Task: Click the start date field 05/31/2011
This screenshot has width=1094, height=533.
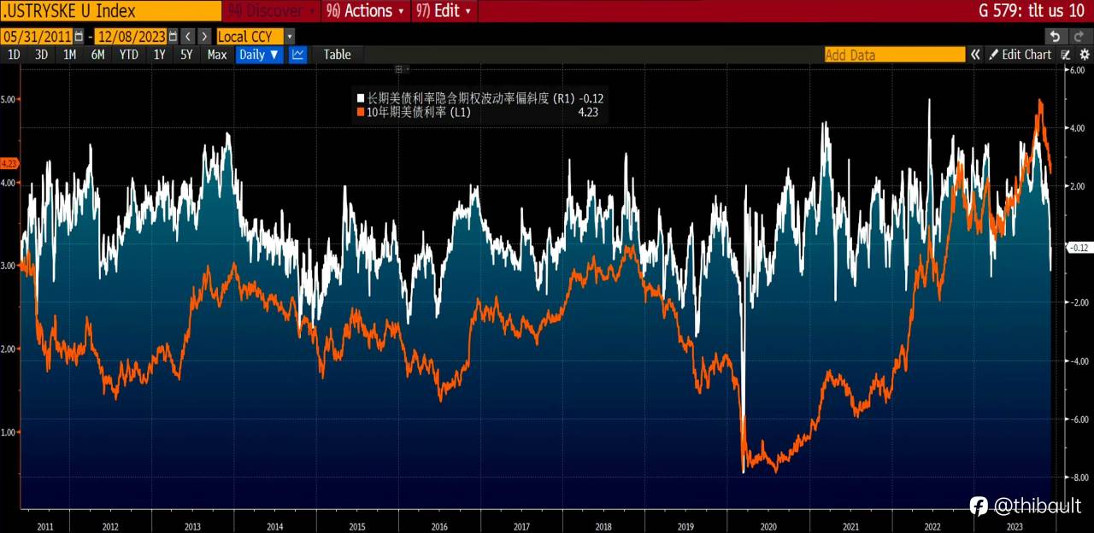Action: pyautogui.click(x=36, y=36)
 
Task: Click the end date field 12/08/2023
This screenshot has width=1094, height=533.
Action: pyautogui.click(x=131, y=36)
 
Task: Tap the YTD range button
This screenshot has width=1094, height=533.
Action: pyautogui.click(x=128, y=55)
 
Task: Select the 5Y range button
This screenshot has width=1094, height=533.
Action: pyautogui.click(x=186, y=55)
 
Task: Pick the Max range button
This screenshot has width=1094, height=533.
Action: pyautogui.click(x=217, y=55)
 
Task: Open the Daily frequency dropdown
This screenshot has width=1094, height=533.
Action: pyautogui.click(x=259, y=55)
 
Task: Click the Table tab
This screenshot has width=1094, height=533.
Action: pyautogui.click(x=337, y=55)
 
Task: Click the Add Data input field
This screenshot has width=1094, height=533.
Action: pyautogui.click(x=894, y=55)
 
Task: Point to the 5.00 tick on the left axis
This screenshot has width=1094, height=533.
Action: pyautogui.click(x=9, y=99)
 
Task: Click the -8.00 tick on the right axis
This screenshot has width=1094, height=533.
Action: pyautogui.click(x=1077, y=477)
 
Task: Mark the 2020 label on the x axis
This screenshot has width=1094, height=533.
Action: pyautogui.click(x=768, y=527)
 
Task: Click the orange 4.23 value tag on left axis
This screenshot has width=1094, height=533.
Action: pyautogui.click(x=9, y=163)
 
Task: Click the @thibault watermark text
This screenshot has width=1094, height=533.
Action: pyautogui.click(x=1037, y=507)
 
